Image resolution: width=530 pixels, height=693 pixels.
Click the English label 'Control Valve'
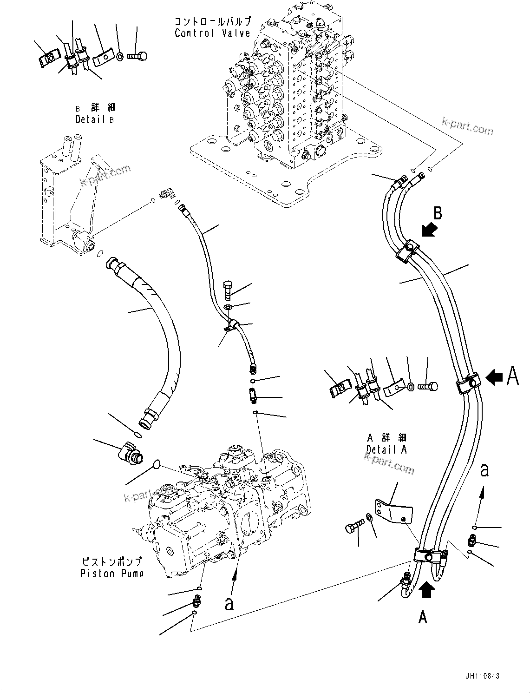point(212,33)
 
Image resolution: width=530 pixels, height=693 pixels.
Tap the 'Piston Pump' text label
point(111,573)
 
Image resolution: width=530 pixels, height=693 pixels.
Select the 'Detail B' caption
point(95,119)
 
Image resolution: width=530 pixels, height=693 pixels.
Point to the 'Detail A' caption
point(386,449)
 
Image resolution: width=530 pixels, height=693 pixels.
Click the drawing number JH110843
point(481,676)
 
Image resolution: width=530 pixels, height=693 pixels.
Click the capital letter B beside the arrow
point(438,213)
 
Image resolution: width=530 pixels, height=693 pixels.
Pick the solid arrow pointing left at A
point(494,378)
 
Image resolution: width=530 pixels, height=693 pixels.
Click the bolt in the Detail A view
point(427,386)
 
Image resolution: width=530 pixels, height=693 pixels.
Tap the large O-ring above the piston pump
point(157,463)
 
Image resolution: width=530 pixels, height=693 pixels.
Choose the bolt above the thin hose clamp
point(229,290)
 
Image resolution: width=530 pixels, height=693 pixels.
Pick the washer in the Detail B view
point(119,57)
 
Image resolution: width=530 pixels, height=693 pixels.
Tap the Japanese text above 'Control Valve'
point(212,21)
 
